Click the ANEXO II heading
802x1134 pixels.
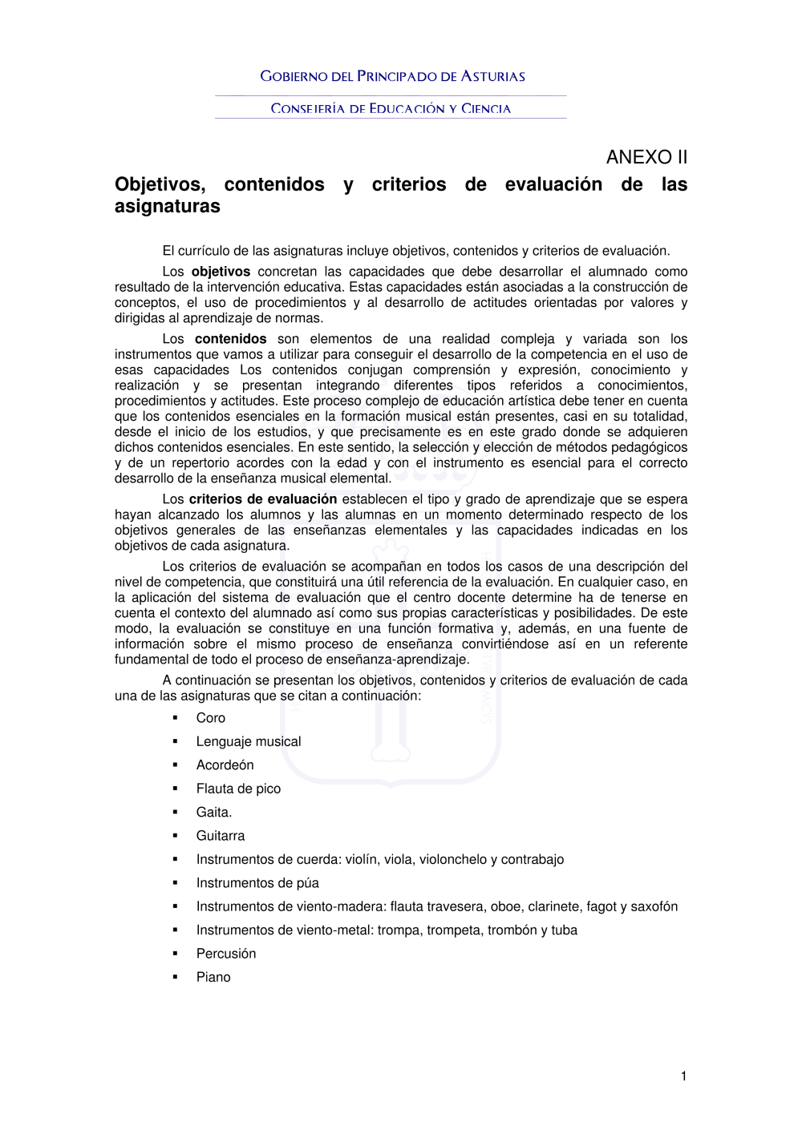click(646, 157)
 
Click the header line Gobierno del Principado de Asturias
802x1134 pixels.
click(392, 77)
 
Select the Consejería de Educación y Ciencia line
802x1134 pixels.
click(391, 109)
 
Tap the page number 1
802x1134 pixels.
click(683, 1076)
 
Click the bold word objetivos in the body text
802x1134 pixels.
click(221, 272)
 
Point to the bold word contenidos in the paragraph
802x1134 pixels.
click(230, 339)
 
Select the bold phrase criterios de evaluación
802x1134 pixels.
click(262, 499)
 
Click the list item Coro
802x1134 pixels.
click(211, 718)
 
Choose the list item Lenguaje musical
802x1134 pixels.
click(249, 742)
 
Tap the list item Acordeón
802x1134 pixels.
click(225, 765)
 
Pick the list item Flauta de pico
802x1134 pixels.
click(238, 789)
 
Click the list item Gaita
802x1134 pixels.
click(213, 813)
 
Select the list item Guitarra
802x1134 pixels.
click(221, 836)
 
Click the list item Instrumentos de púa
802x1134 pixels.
click(257, 883)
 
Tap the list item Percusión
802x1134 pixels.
click(226, 954)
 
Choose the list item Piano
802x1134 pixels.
click(213, 978)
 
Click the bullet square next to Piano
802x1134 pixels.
click(175, 977)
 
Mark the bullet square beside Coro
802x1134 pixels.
click(175, 717)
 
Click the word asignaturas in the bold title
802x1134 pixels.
click(168, 207)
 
